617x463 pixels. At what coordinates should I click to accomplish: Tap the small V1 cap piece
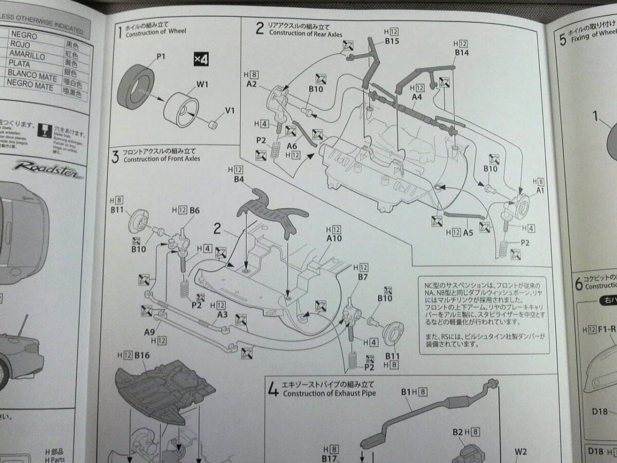(212, 124)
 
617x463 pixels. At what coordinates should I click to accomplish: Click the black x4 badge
(201, 59)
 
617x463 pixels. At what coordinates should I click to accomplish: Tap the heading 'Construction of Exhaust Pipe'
(329, 394)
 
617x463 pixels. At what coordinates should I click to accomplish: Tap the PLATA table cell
(19, 65)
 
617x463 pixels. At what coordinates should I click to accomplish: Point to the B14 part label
(462, 52)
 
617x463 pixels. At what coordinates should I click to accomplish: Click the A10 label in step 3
(334, 238)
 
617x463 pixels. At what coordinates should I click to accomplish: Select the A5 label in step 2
(467, 233)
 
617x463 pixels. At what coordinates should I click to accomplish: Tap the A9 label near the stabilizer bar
(150, 332)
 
